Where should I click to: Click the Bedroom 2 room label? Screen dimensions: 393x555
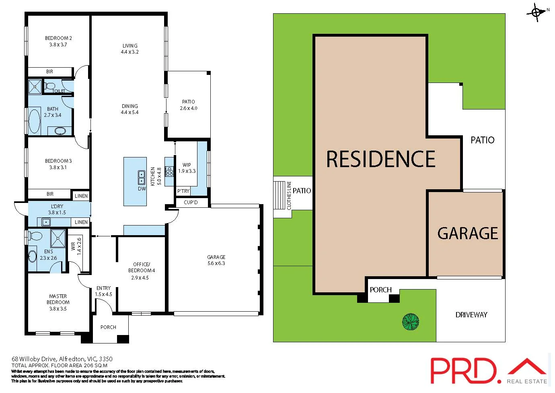pyautogui.click(x=58, y=41)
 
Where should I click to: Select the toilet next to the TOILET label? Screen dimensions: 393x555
pyautogui.click(x=50, y=86)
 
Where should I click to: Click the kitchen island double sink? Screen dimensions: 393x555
pyautogui.click(x=142, y=178)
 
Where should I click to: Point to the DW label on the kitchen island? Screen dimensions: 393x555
pyautogui.click(x=142, y=188)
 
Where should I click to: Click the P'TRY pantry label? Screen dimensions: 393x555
pyautogui.click(x=183, y=191)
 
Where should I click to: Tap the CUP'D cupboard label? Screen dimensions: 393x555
pyautogui.click(x=191, y=202)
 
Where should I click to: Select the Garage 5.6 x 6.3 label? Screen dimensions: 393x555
pyautogui.click(x=216, y=260)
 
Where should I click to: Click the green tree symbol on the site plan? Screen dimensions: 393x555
pyautogui.click(x=411, y=322)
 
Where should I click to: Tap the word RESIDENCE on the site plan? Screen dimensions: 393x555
pyautogui.click(x=380, y=159)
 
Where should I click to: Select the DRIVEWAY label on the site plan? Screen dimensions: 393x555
pyautogui.click(x=471, y=315)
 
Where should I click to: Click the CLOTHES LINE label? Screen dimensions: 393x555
pyautogui.click(x=289, y=195)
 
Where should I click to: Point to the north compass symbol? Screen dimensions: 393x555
pyautogui.click(x=536, y=12)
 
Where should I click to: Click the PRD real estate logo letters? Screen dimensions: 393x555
pyautogui.click(x=462, y=370)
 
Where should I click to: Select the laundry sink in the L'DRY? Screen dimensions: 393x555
pyautogui.click(x=46, y=222)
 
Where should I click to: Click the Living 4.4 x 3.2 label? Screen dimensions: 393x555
pyautogui.click(x=129, y=49)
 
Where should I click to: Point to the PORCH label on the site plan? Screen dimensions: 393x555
pyautogui.click(x=380, y=290)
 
